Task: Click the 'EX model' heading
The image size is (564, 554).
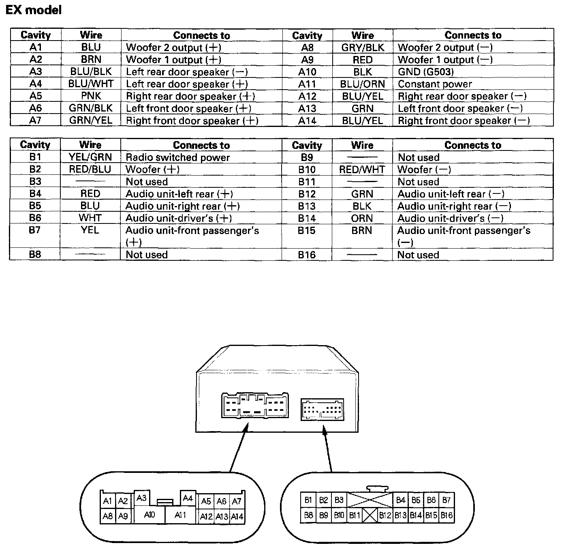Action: [x=34, y=10]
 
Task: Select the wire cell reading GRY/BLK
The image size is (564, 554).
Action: [x=362, y=47]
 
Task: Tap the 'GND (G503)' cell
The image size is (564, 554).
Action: [x=425, y=72]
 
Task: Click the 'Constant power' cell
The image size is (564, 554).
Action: [x=435, y=84]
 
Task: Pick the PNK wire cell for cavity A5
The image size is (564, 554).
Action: [x=91, y=96]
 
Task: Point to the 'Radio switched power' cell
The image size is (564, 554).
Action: [x=177, y=157]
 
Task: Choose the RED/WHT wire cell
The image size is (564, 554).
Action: [x=362, y=170]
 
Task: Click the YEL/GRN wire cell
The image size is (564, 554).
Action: [x=90, y=157]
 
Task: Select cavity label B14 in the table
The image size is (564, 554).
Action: [x=307, y=218]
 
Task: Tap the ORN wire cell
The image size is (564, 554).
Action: [x=362, y=218]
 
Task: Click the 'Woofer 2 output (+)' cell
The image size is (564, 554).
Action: [x=173, y=47]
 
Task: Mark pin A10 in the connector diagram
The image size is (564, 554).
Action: [x=149, y=515]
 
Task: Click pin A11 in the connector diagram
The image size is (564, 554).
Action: [x=180, y=515]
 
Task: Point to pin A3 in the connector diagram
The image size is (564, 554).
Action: [x=141, y=498]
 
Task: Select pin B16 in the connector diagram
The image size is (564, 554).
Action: [x=446, y=515]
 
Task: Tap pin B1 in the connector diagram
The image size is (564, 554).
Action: [x=308, y=500]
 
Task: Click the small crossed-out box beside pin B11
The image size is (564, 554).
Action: [x=370, y=515]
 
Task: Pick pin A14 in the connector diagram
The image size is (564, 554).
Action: [x=237, y=516]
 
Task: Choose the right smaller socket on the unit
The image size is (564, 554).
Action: [x=322, y=409]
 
